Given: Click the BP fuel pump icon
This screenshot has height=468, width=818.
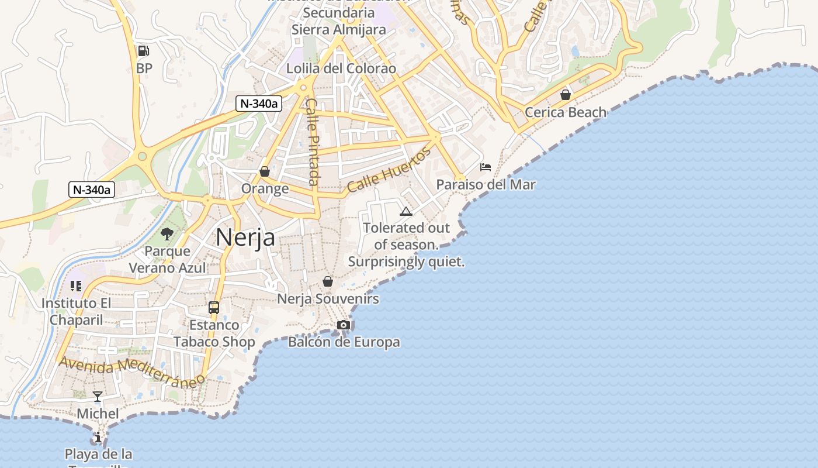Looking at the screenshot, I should (x=143, y=51).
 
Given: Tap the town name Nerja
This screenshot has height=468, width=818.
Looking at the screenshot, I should (x=245, y=237).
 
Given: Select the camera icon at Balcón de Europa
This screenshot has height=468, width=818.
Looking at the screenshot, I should (x=344, y=325).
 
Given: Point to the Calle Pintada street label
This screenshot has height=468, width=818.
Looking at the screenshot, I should (x=313, y=142).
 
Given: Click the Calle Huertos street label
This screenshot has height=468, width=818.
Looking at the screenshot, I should (x=389, y=170).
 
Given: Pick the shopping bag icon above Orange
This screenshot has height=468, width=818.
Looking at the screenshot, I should (x=265, y=171).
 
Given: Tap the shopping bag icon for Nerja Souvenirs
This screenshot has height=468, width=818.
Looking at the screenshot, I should (x=328, y=281).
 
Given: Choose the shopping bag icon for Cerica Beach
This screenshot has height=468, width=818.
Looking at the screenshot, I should (x=565, y=94).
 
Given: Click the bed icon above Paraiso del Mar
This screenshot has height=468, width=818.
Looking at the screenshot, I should (x=486, y=167).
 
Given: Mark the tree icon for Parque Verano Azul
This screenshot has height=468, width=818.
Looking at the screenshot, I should (x=167, y=234).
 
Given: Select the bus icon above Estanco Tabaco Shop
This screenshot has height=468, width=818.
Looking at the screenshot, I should (x=214, y=308).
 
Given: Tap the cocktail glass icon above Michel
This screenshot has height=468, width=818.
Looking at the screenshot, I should (x=98, y=397).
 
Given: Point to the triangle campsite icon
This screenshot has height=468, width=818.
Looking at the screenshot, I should (x=406, y=211).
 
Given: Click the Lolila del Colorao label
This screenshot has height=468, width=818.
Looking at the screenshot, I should (x=341, y=68).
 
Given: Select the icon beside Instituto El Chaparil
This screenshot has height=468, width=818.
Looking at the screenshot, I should (x=75, y=286).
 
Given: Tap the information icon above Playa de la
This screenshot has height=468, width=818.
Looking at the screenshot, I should (x=98, y=437).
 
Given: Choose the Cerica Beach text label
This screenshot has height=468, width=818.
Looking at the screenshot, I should (x=566, y=112).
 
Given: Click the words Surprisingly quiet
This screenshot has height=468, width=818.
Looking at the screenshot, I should (x=406, y=261).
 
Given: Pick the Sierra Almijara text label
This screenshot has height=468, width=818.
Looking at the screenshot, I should (x=339, y=29).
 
